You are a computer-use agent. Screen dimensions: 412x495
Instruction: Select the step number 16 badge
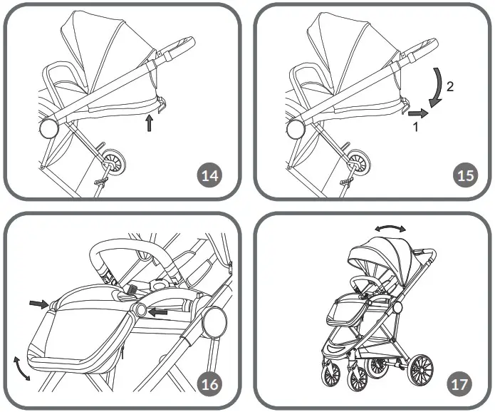(209, 383)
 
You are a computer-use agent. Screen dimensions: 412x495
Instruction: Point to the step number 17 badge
(459, 383)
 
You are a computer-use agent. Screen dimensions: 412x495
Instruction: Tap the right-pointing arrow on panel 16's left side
(37, 304)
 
